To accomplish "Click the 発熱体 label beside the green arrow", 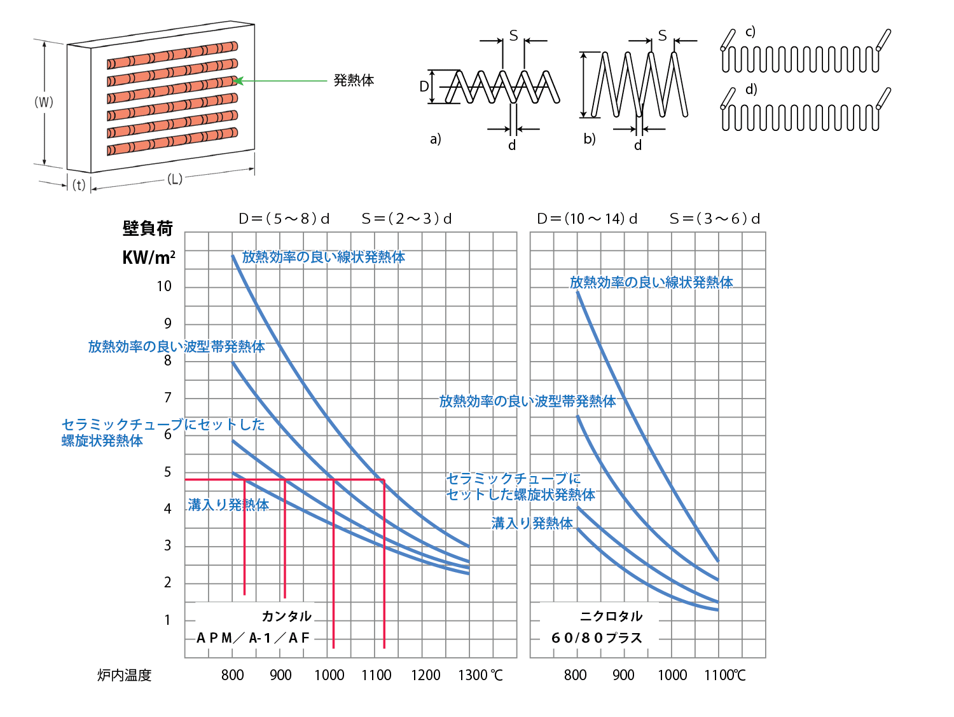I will coord(354,80).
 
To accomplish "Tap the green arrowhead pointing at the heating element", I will coord(238,81).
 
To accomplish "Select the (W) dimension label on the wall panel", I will coord(44,102).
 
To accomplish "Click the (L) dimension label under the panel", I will coord(175,179).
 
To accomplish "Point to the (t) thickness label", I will coord(79,185).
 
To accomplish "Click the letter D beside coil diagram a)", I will coord(424,86).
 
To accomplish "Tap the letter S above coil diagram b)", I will coord(662,36).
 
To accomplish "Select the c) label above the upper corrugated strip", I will coord(750,32).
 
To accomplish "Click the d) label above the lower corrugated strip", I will coord(751,89).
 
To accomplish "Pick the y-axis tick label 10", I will coord(164,287).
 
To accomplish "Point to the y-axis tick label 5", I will coord(167,472).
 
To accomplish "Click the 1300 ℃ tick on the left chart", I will coord(480,675).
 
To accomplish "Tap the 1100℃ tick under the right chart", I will coord(724,675).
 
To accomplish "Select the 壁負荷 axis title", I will coord(148,229).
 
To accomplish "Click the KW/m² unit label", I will coord(149,257).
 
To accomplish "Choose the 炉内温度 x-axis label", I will coord(125,675).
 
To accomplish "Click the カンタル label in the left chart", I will coord(287,616).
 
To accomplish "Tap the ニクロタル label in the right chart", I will coord(611,616).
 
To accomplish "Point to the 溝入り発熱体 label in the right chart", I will coord(532,523).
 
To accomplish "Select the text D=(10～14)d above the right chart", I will coord(587,219).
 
